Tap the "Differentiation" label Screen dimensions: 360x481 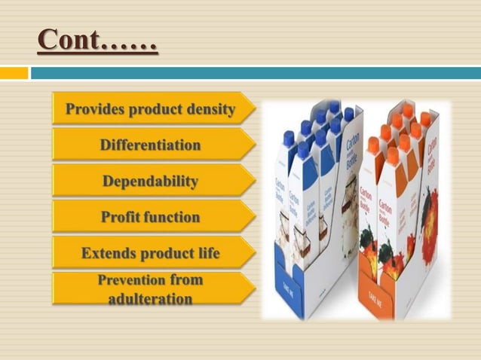tap(150, 145)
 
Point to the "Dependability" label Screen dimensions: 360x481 tap(150, 182)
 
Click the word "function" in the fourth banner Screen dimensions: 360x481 tap(174, 217)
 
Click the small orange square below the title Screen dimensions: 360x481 tap(13, 73)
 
